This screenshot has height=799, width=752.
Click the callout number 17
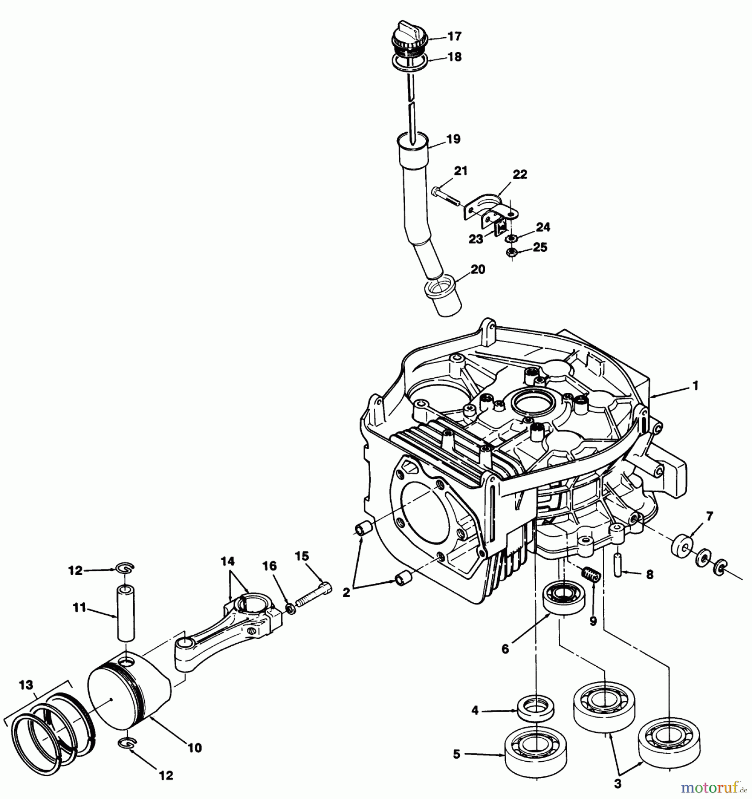tap(454, 36)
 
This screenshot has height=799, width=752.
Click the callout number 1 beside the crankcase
tap(695, 386)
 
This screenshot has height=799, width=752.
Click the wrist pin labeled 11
tap(126, 613)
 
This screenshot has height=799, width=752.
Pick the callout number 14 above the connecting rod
tap(228, 562)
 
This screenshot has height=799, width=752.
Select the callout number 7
tap(709, 516)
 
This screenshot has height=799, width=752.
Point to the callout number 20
tap(478, 269)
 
